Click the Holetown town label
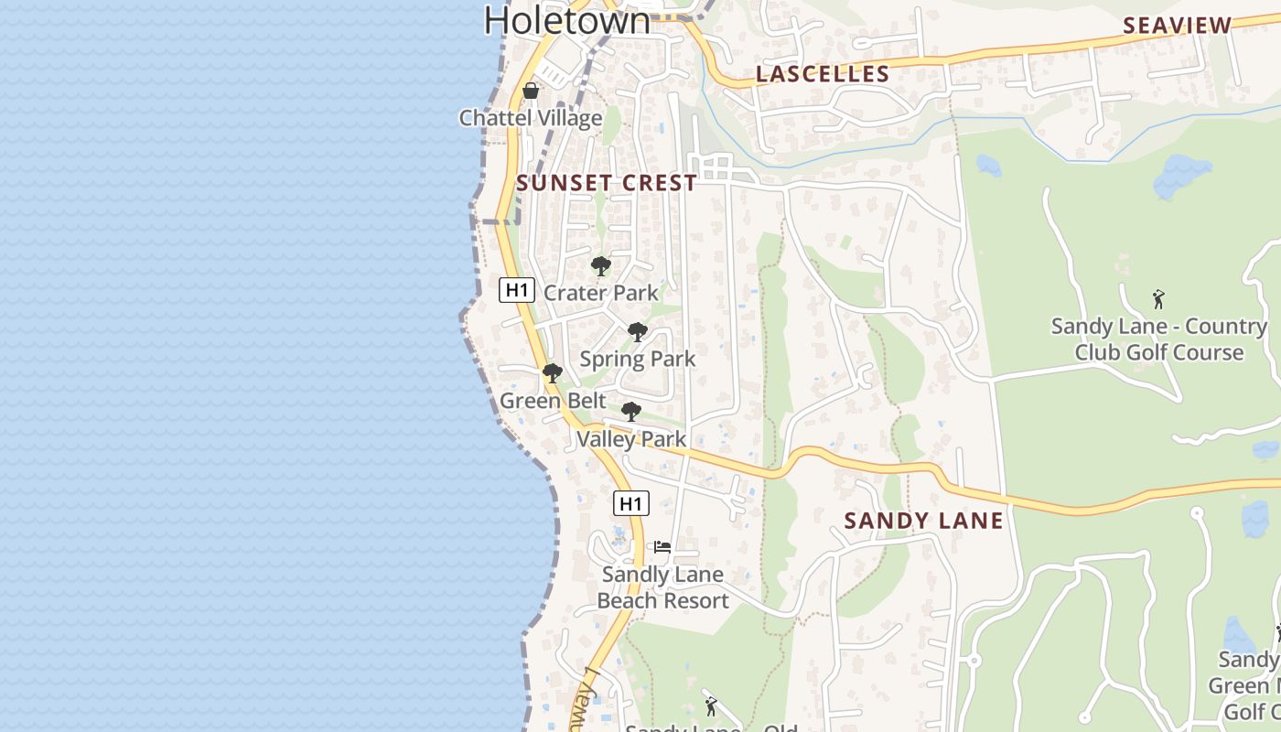pyautogui.click(x=566, y=20)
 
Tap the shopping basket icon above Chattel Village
pyautogui.click(x=530, y=91)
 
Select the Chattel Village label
pyautogui.click(x=531, y=118)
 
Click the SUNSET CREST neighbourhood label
pyautogui.click(x=607, y=183)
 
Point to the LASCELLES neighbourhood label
pyautogui.click(x=823, y=74)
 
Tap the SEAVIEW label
pyautogui.click(x=1178, y=26)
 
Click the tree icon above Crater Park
pyautogui.click(x=601, y=266)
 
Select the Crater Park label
pyautogui.click(x=601, y=293)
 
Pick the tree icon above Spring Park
pyautogui.click(x=638, y=332)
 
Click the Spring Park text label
pyautogui.click(x=638, y=359)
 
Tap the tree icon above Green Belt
pyautogui.click(x=552, y=373)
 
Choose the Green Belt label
pyautogui.click(x=553, y=401)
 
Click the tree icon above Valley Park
pyautogui.click(x=631, y=412)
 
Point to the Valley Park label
pyautogui.click(x=631, y=439)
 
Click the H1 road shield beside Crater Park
pyautogui.click(x=516, y=290)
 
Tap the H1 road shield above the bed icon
pyautogui.click(x=631, y=503)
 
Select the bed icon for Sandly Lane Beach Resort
pyautogui.click(x=662, y=547)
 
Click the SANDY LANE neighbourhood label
pyautogui.click(x=923, y=522)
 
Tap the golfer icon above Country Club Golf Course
pyautogui.click(x=1158, y=299)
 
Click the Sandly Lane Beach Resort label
pyautogui.click(x=662, y=587)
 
